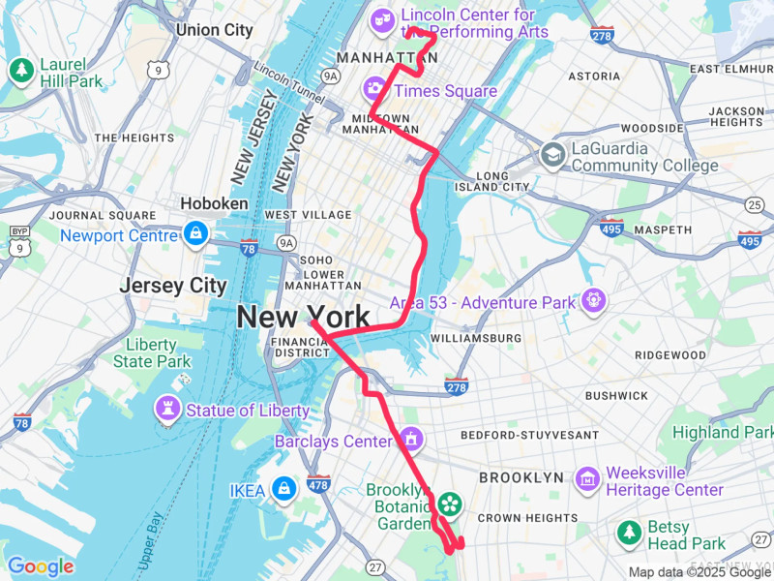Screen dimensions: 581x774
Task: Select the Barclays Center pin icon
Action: pos(411,441)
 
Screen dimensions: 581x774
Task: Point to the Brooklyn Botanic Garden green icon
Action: pos(449,504)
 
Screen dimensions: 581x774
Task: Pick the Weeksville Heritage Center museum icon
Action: pos(587,477)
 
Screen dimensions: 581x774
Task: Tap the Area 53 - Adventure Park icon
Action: pos(593,302)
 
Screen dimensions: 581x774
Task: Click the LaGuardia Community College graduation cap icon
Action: pos(552,153)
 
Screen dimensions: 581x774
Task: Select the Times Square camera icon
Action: pos(374,90)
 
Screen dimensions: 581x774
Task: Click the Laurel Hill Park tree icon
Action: pos(21,71)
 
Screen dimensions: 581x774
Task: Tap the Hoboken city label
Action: pos(214,204)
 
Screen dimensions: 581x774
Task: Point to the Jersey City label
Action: pos(173,286)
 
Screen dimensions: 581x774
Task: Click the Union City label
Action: pos(214,30)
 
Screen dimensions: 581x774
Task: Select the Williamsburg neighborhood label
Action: pos(475,338)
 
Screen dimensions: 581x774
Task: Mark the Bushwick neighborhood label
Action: pos(616,395)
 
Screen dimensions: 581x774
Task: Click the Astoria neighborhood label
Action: pos(594,76)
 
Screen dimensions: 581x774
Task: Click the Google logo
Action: pos(40,566)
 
